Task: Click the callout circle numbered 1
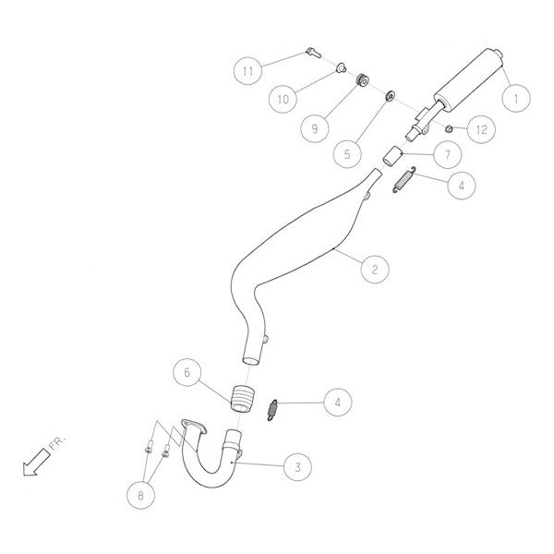pos(515,95)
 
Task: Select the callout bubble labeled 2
pos(374,270)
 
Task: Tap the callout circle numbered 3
pos(296,468)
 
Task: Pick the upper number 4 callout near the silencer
pos(463,185)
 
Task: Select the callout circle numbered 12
pos(480,130)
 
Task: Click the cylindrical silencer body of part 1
pos(469,77)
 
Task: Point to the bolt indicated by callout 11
pos(311,54)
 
